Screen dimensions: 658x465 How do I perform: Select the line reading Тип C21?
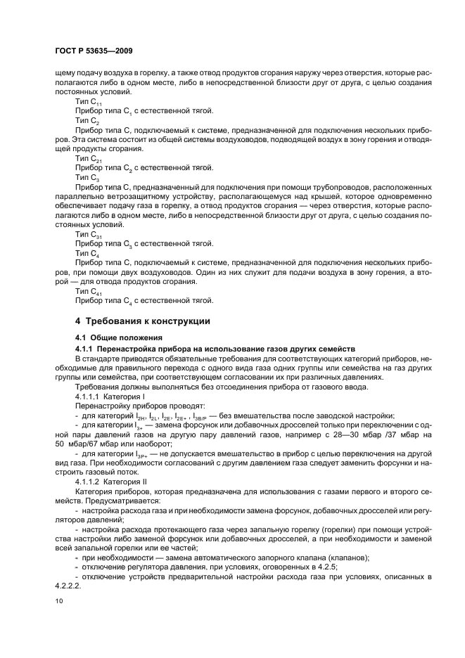coord(88,158)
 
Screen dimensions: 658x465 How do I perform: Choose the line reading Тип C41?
coord(88,291)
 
